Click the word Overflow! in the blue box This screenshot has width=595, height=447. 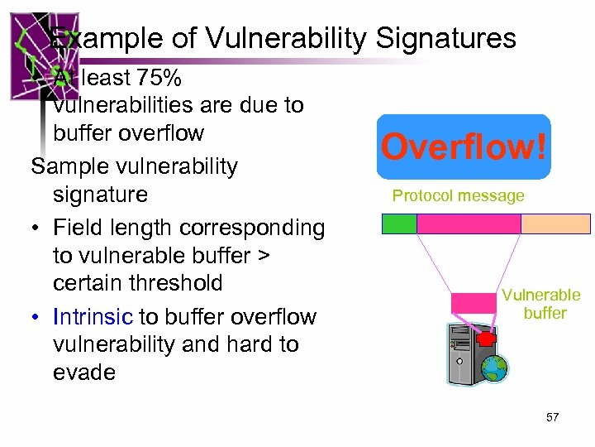[x=464, y=147]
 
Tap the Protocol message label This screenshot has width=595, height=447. [x=458, y=196]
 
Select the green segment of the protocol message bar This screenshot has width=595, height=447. [x=399, y=223]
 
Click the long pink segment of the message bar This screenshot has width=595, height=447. [x=469, y=223]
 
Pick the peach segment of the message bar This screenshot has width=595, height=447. [x=555, y=223]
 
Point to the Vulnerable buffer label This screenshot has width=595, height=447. [x=541, y=304]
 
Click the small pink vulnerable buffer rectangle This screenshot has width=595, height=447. [x=474, y=303]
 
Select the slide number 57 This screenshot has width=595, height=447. [x=552, y=417]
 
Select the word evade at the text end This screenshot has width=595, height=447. [x=84, y=372]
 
